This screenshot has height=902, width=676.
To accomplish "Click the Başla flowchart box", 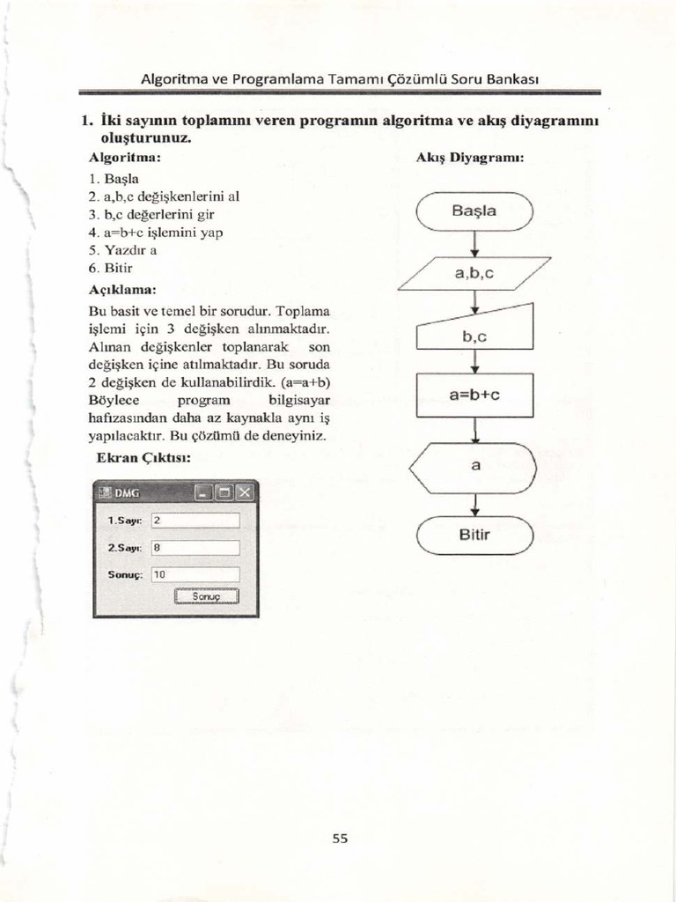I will click(474, 211).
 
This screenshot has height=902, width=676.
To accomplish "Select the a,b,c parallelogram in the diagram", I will click(474, 273).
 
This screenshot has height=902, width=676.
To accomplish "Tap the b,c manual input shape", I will click(475, 332).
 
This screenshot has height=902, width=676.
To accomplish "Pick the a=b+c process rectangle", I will click(474, 396).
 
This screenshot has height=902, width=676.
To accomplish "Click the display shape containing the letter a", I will click(475, 467).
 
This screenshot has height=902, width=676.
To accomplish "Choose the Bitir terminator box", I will click(474, 535).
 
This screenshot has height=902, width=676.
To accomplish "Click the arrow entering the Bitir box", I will click(475, 505).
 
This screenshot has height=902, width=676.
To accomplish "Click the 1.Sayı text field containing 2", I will click(195, 521).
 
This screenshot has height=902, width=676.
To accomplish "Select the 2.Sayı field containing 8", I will click(195, 547).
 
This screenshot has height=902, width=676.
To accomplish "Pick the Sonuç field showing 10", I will click(195, 574).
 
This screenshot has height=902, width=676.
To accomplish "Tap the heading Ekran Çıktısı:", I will click(143, 457).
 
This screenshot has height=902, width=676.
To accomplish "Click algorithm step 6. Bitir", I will click(111, 266).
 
